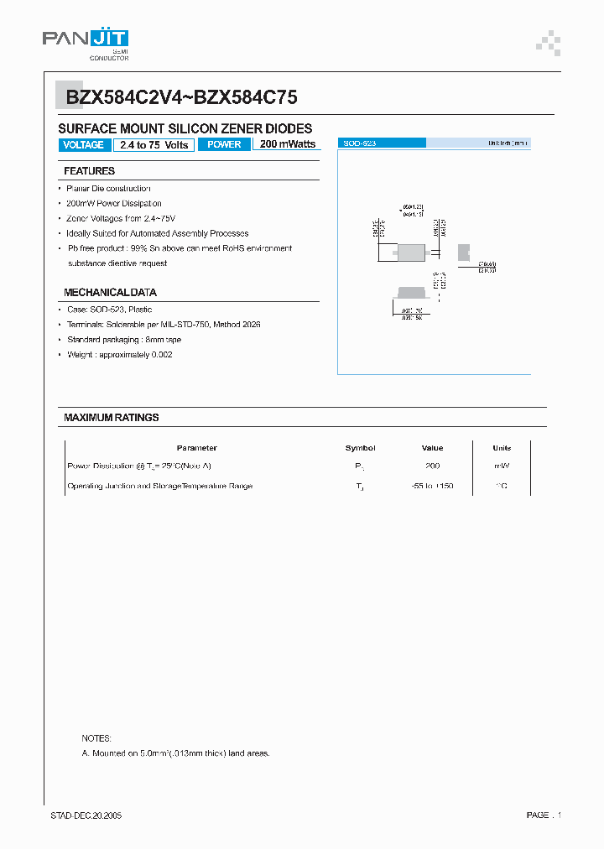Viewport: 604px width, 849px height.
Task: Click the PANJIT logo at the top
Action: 86,40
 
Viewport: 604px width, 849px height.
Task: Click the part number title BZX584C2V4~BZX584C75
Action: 181,98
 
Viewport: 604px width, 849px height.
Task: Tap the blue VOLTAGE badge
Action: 83,145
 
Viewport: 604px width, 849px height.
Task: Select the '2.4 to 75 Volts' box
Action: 154,145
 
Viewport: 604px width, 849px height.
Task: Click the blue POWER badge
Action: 224,145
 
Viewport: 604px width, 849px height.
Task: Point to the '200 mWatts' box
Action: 287,144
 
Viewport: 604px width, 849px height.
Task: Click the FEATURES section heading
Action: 89,171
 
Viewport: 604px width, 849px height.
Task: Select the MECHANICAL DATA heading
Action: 110,293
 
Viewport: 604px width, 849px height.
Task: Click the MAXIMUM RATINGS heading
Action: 111,417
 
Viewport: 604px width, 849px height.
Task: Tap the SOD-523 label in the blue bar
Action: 359,144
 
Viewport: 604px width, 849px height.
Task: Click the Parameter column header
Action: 197,448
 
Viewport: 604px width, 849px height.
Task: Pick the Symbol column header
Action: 360,448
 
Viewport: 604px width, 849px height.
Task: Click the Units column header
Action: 502,448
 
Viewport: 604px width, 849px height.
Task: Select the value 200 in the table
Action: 433,466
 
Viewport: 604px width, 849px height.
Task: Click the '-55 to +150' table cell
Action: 433,487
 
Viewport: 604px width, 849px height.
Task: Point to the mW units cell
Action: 502,466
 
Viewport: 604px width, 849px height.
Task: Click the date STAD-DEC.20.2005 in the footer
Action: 86,815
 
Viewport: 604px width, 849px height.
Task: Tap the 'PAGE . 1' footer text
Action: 544,815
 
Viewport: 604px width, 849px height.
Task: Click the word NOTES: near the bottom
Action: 96,738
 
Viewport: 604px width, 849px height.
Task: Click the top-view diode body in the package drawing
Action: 410,252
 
